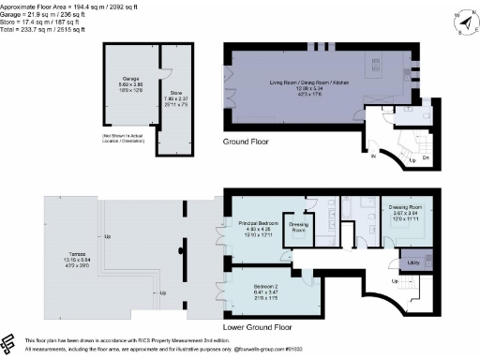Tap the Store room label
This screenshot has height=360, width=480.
(x=176, y=87)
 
